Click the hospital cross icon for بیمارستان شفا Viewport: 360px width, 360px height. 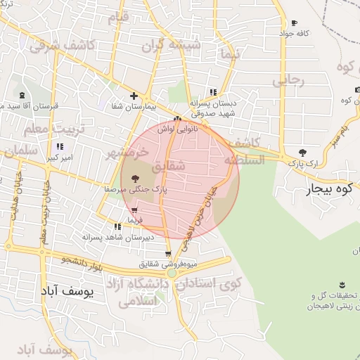[134, 96]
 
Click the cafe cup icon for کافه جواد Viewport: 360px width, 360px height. [294, 23]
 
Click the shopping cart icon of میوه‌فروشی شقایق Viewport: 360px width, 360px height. [167, 254]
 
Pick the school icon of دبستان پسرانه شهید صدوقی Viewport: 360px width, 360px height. [213, 92]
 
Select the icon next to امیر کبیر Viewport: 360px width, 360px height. [60, 146]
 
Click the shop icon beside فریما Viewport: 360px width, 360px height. [134, 210]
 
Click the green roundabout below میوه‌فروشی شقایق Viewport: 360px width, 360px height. [172, 273]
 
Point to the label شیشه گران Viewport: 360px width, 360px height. [172, 46]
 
